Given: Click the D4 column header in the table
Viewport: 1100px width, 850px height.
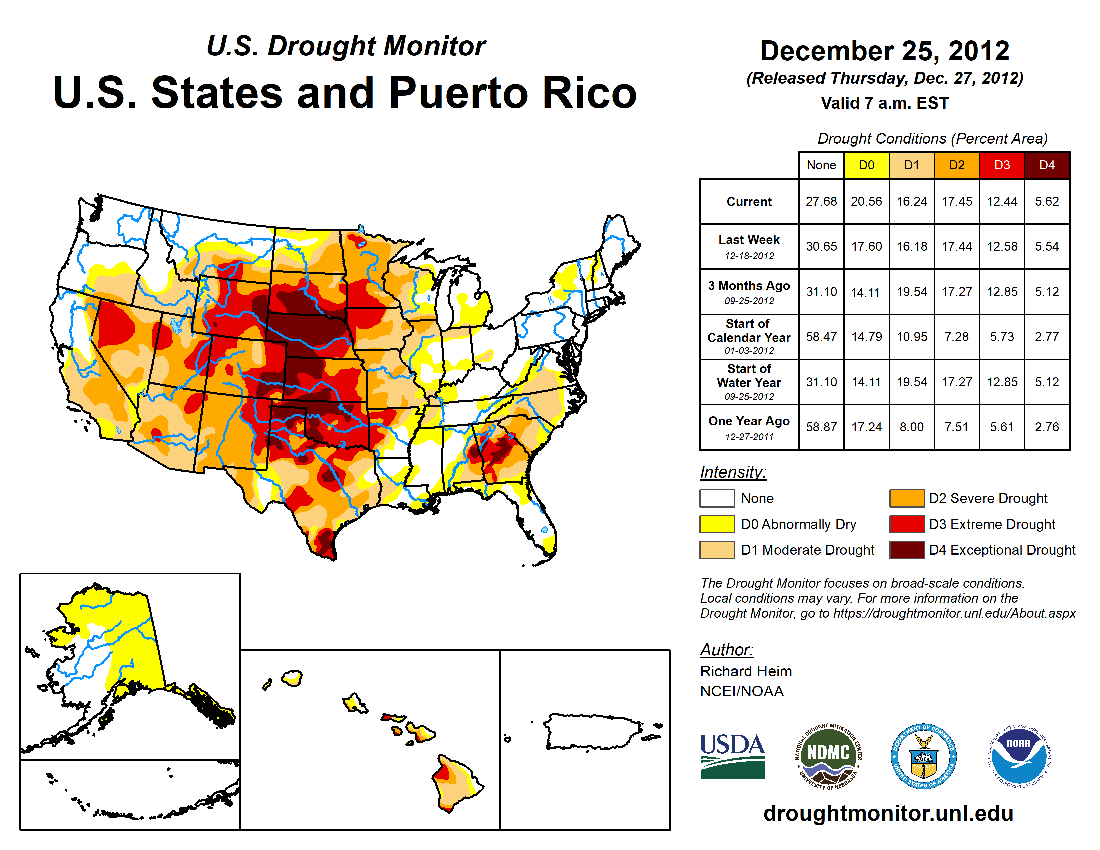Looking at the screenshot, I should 1047,165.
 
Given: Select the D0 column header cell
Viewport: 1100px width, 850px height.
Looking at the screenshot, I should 866,165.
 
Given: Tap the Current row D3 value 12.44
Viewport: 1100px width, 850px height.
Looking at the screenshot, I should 1002,201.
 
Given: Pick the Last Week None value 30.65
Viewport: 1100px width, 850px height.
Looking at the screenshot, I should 821,246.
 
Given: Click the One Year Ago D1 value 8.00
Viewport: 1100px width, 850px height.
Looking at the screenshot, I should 911,427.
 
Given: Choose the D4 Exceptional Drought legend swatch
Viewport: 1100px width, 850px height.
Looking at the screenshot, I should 907,550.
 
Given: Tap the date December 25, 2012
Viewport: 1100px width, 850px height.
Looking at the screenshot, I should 884,51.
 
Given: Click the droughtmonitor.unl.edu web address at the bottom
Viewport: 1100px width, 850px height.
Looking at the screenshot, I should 888,813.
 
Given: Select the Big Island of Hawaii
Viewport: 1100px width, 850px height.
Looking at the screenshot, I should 456,783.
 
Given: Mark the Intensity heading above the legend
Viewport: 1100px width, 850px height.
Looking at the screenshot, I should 733,472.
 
